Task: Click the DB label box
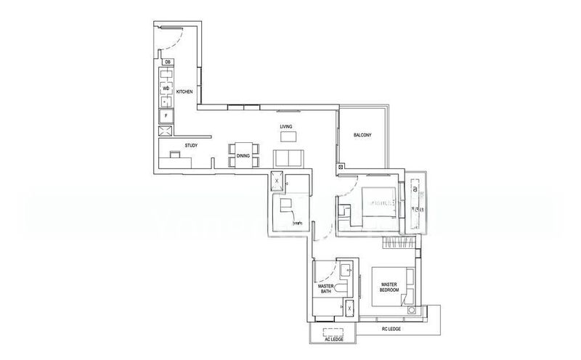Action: pyautogui.click(x=168, y=63)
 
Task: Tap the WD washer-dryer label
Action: pyautogui.click(x=166, y=89)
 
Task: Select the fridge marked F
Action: pyautogui.click(x=166, y=115)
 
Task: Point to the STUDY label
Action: pyautogui.click(x=191, y=145)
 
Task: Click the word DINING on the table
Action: pyautogui.click(x=243, y=155)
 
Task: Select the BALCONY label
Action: pyautogui.click(x=362, y=136)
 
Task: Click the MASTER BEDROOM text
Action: pyautogui.click(x=390, y=287)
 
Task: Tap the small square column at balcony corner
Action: pyautogui.click(x=341, y=168)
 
